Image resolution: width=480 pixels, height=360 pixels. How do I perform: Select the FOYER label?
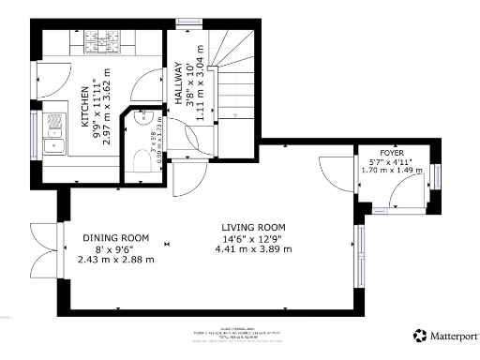392,152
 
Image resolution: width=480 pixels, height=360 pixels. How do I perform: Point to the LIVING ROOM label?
253,228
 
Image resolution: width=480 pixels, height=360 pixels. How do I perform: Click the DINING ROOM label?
116,237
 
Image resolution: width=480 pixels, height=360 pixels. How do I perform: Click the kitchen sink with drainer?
53,130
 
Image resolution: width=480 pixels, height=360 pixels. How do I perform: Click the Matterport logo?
446,335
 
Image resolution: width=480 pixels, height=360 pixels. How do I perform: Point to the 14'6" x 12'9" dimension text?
253,238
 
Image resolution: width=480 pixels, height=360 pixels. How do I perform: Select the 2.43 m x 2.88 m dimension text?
116,259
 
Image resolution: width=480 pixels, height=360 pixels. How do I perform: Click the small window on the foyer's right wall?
436,176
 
